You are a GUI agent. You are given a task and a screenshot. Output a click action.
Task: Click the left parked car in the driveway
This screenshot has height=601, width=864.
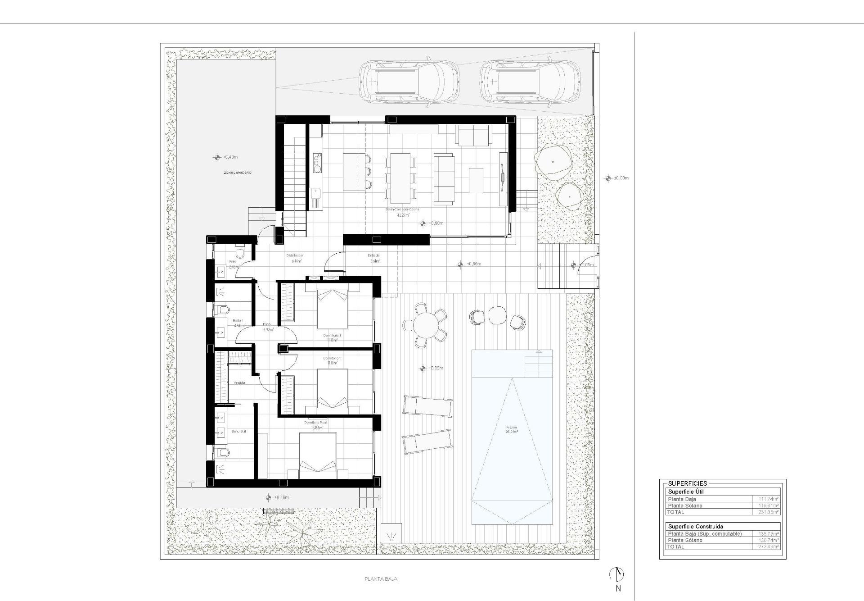click(409, 82)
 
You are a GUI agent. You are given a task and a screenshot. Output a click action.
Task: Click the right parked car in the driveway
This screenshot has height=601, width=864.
click(530, 82)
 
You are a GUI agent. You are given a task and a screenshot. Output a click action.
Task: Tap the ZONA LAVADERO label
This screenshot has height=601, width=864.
click(238, 173)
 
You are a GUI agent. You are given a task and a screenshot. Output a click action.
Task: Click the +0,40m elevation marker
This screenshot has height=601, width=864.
click(217, 157)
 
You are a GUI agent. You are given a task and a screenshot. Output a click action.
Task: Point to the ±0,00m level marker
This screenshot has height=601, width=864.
click(608, 178)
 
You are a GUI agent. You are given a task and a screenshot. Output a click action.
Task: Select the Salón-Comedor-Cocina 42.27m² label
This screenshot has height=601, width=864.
click(402, 212)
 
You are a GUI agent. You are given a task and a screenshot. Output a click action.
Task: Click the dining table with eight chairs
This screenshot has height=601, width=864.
click(400, 178)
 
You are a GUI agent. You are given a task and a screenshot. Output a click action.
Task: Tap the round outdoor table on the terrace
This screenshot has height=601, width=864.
click(425, 325)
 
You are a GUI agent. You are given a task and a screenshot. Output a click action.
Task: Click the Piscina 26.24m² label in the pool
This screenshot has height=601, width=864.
click(512, 429)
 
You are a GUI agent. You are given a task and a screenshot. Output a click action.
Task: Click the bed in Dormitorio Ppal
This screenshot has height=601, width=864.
click(318, 455)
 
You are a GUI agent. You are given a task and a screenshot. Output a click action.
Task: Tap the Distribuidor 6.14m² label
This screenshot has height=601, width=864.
click(295, 258)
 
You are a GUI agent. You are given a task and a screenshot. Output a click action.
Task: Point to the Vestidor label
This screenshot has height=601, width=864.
click(239, 382)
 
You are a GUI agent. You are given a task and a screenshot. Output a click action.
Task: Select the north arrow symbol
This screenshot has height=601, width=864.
click(617, 574)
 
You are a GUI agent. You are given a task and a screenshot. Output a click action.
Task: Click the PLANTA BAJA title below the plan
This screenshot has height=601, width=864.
click(381, 579)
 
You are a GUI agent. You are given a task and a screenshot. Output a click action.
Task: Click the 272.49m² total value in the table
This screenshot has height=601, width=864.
click(769, 546)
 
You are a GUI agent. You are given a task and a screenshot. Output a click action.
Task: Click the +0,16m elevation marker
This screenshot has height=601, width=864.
click(269, 497)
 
